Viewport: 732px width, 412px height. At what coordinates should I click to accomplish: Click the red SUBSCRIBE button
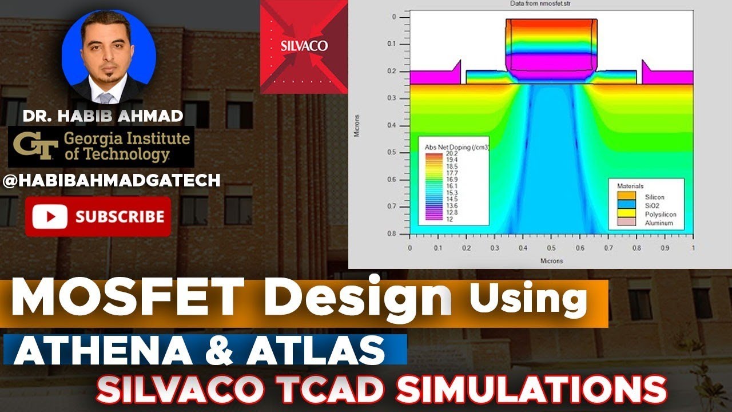[98, 216]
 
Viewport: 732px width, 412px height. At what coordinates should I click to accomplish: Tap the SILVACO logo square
[304, 46]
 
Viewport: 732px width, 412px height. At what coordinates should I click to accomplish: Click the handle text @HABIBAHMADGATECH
[112, 181]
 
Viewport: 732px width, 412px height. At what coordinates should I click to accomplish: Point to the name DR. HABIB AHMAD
[103, 117]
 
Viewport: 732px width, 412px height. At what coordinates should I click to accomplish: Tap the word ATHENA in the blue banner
[95, 350]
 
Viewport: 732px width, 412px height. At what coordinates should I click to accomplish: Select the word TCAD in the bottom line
[332, 390]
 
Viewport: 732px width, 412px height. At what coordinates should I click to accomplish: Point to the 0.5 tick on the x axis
[551, 248]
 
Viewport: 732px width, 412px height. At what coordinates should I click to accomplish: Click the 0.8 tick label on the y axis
[392, 233]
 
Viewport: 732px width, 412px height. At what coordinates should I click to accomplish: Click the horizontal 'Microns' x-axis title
[551, 261]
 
